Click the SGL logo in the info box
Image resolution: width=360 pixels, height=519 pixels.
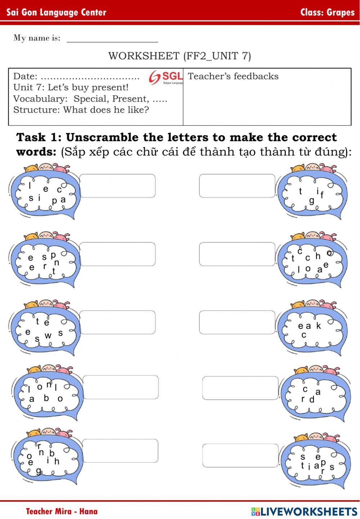tap(166, 77)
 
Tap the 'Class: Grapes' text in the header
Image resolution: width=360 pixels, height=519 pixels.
tap(327, 12)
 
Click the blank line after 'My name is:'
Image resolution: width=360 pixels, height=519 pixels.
tap(112, 42)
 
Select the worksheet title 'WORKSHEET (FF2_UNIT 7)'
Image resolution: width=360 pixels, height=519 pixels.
tap(180, 56)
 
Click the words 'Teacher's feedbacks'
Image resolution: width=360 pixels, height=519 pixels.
tap(233, 76)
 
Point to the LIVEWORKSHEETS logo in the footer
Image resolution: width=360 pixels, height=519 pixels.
tap(304, 511)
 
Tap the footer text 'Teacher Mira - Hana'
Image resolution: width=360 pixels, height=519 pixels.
tap(62, 511)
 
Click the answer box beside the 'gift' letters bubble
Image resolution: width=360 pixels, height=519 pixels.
tap(237, 186)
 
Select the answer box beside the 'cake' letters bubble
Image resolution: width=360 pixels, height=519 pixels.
tap(237, 322)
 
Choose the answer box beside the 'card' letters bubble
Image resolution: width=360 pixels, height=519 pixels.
tap(240, 388)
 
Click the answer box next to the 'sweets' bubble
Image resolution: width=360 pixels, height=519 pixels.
tap(117, 322)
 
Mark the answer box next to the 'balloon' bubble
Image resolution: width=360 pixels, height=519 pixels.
tap(121, 387)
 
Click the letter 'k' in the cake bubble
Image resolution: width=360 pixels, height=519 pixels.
tap(319, 325)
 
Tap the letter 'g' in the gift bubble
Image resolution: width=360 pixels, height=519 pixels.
tap(312, 201)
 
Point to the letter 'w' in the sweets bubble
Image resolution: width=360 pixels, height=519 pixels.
tap(48, 335)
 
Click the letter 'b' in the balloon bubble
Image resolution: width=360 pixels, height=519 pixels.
tap(46, 398)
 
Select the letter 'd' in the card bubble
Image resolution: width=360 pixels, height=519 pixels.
tap(312, 399)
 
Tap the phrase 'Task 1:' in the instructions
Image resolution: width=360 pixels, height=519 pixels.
tap(39, 137)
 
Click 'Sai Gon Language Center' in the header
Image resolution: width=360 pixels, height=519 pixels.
tap(56, 12)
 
